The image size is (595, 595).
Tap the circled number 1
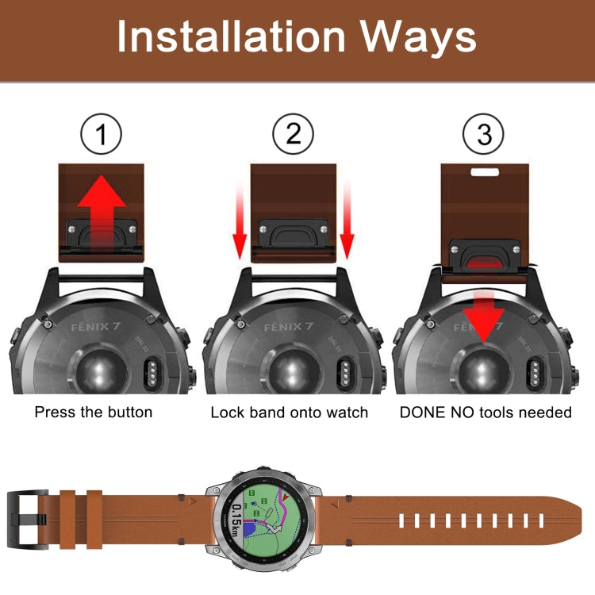[x=102, y=135]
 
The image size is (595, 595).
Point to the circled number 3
[x=484, y=135]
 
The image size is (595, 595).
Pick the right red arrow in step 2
[x=346, y=226]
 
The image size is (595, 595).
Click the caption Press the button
[x=94, y=412]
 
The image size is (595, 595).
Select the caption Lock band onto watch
[x=289, y=412]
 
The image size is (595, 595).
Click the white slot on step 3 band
[x=484, y=171]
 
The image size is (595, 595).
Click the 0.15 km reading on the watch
[x=237, y=520]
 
